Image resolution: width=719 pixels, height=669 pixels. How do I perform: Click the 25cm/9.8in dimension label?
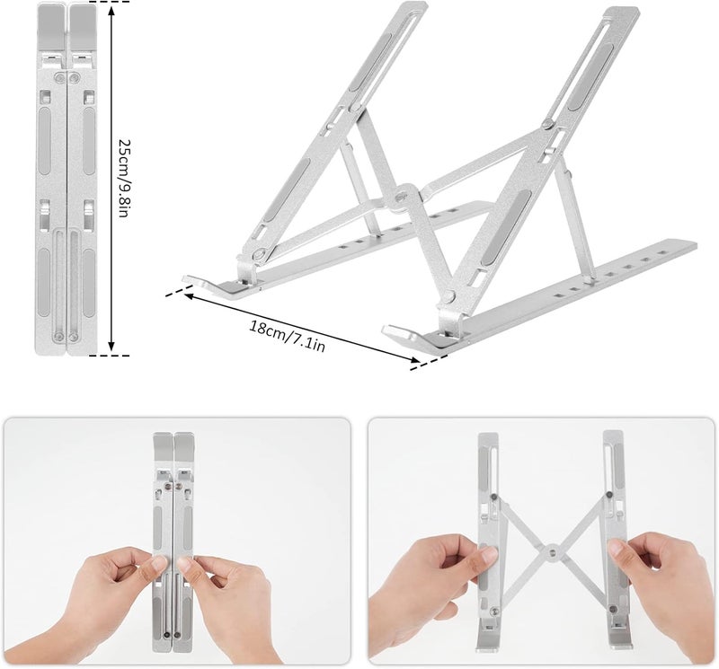point(124,178)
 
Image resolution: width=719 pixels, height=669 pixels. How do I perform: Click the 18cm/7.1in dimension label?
point(288,336)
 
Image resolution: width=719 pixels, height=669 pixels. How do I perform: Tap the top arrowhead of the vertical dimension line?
point(111,10)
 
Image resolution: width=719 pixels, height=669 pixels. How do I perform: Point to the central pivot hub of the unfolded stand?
point(404,197)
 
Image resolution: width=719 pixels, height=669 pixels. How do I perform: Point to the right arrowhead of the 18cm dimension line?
point(414,361)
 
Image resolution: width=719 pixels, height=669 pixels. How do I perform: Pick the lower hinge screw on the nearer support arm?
point(448,297)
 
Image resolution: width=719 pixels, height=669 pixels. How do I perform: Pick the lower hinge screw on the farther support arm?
point(260,253)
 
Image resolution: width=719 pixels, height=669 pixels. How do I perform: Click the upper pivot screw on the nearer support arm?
point(547,124)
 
